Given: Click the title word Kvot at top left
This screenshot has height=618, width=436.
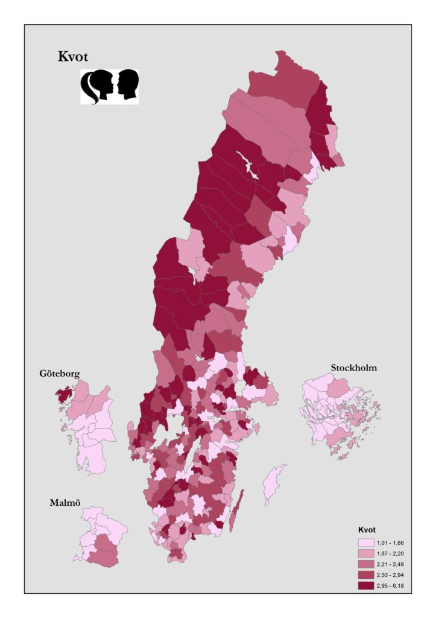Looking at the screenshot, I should pos(73,57).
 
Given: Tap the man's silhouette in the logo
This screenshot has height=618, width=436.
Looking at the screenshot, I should pos(127,86).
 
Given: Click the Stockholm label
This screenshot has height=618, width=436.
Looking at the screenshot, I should pos(353,368).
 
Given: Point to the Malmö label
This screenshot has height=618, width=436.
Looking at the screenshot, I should pos(65,502).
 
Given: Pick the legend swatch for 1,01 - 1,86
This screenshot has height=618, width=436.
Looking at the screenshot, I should pos(365,543).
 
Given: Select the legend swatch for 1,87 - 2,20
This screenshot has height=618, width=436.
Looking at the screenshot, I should pos(365,553).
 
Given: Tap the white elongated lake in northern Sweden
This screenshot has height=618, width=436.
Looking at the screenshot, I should pos(249,167).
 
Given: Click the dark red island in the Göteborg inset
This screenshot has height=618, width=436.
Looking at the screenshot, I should pos(63,397).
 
